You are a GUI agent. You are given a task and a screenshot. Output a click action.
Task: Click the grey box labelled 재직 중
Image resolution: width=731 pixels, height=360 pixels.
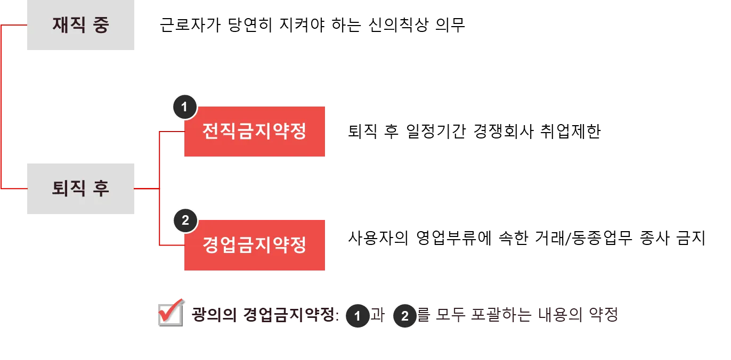(81, 25)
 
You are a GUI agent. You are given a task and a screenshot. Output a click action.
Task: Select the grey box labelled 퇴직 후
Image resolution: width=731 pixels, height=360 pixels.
(81, 189)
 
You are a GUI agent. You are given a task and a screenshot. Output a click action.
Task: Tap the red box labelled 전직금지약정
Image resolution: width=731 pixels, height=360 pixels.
(255, 132)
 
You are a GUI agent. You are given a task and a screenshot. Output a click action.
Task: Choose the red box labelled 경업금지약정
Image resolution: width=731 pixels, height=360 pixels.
(255, 245)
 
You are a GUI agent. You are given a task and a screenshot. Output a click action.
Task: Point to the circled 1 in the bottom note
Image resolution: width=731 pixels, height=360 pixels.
(358, 316)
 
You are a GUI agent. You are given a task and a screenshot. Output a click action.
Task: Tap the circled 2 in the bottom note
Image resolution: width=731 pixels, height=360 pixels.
(405, 316)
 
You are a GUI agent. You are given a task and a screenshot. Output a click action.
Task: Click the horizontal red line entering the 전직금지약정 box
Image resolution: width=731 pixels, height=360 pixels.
(172, 130)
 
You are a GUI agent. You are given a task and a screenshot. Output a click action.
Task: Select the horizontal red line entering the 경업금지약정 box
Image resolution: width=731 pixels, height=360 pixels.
(172, 246)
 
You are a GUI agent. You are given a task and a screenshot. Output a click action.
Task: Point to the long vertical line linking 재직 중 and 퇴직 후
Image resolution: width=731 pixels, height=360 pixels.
(3, 107)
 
